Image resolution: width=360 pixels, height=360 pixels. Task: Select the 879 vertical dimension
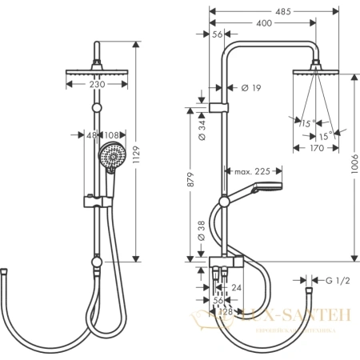pyautogui.click(x=190, y=182)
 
